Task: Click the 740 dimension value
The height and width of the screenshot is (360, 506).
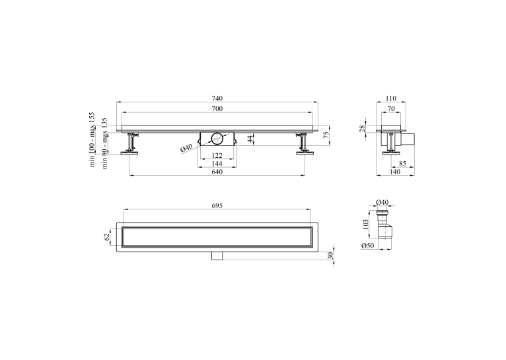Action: [217, 98]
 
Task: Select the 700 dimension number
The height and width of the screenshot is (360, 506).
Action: [217, 109]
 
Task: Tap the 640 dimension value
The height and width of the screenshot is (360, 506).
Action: [217, 172]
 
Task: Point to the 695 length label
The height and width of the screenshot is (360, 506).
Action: [217, 205]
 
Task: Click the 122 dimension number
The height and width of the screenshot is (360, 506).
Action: [217, 155]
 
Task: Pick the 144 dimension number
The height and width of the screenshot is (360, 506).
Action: [217, 164]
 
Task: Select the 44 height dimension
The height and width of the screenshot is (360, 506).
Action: [250, 139]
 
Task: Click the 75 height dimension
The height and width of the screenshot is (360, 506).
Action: [326, 135]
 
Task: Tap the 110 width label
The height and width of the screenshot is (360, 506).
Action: [391, 98]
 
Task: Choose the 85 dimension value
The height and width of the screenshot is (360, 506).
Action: [402, 164]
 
